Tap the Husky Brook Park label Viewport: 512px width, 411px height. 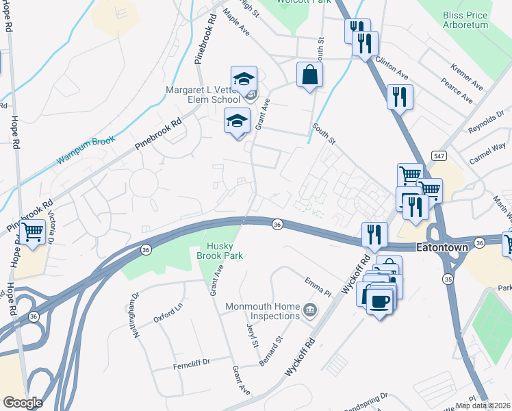point(225,251)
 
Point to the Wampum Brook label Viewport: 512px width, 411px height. point(86,151)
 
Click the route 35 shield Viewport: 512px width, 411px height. point(448,260)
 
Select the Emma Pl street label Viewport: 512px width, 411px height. point(317,282)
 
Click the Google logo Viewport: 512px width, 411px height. point(23,402)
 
